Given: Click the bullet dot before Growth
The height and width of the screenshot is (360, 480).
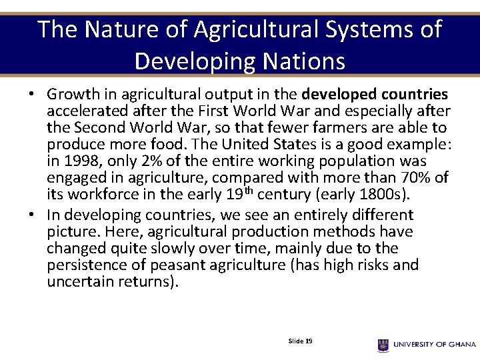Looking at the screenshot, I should [31, 95].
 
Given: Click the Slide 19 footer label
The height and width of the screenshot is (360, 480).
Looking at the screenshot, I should [300, 341].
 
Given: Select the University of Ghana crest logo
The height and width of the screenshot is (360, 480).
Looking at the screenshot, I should [383, 345].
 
